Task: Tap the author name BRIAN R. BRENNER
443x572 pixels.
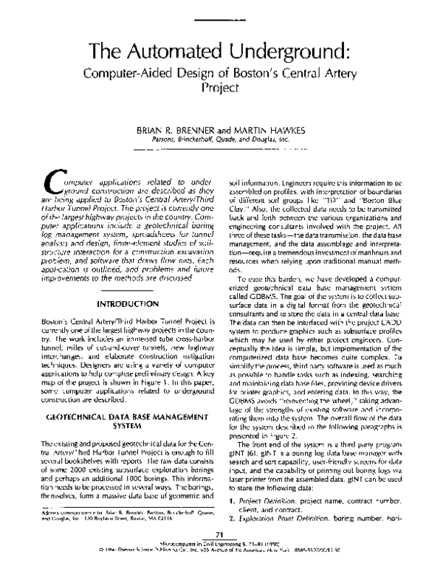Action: [x=176, y=129]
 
